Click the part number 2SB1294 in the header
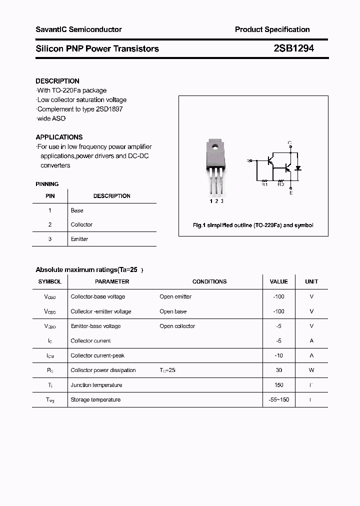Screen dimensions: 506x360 pos(293,48)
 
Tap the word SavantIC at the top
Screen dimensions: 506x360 pos(51,29)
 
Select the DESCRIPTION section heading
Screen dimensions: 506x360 pos(57,81)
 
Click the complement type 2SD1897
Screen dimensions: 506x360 pos(109,109)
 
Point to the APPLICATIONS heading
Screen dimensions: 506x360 pos(59,137)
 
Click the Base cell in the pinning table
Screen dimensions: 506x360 pos(77,210)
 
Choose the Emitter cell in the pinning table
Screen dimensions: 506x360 pos(79,239)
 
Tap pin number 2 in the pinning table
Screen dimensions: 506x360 pos(50,224)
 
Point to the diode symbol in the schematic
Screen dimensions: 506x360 pos(298,167)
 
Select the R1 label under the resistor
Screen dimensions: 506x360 pos(265,184)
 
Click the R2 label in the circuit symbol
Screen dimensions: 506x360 pos(281,184)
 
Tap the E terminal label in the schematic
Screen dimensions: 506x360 pos(290,193)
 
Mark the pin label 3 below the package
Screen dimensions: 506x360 pos(222,201)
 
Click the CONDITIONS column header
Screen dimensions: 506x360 pos(209,281)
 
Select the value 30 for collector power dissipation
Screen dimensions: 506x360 pos(278,370)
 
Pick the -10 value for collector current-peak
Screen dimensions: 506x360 pos(278,355)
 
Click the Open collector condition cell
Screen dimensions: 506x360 pos(177,326)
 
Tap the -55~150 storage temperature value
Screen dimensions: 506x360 pos(278,399)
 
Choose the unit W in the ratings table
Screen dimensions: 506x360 pos(311,370)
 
